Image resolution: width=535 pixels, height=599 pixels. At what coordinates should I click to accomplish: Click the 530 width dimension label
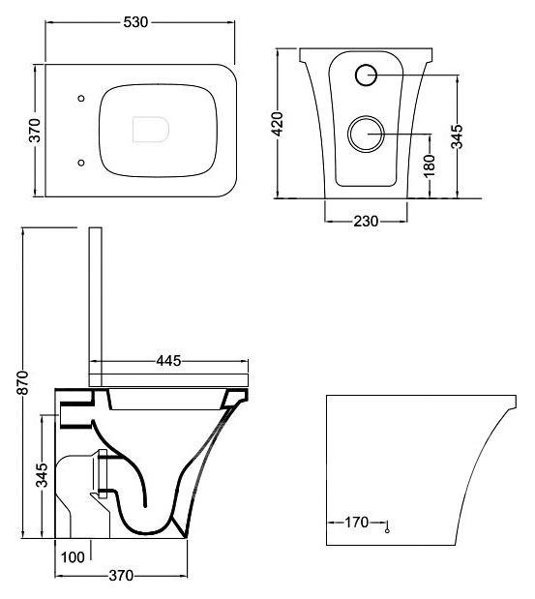pos(135,22)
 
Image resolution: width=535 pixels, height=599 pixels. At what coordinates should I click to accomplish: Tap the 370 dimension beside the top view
pos(35,131)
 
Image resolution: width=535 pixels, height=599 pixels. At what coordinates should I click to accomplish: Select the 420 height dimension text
pos(277,124)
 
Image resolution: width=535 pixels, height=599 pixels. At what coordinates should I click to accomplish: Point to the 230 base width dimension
pos(366,222)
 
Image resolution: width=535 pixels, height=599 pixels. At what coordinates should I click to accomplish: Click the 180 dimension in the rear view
pos(430,165)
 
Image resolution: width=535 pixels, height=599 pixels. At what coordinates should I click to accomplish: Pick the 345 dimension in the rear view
pos(457,136)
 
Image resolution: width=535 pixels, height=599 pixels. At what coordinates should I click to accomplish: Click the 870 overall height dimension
pos(22,382)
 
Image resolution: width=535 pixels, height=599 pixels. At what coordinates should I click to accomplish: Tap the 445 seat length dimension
pos(168,361)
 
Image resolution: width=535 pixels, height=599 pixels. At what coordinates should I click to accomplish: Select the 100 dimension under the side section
pos(73,557)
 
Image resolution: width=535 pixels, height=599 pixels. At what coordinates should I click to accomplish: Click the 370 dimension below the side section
pos(121,576)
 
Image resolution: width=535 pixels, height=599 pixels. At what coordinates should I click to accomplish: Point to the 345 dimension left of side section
pos(42,475)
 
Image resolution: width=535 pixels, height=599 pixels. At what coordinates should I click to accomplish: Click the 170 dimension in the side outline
pos(357,522)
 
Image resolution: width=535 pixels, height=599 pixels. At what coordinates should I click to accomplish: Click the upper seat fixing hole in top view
pos(81,99)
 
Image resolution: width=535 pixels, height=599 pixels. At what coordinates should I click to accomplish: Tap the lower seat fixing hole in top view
pos(81,163)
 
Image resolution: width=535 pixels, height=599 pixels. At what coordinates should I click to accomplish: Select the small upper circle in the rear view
pos(367,75)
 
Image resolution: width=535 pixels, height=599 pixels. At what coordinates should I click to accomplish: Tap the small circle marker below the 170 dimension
pos(387,530)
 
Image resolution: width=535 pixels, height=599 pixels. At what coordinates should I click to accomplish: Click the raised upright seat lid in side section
pos(96,307)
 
